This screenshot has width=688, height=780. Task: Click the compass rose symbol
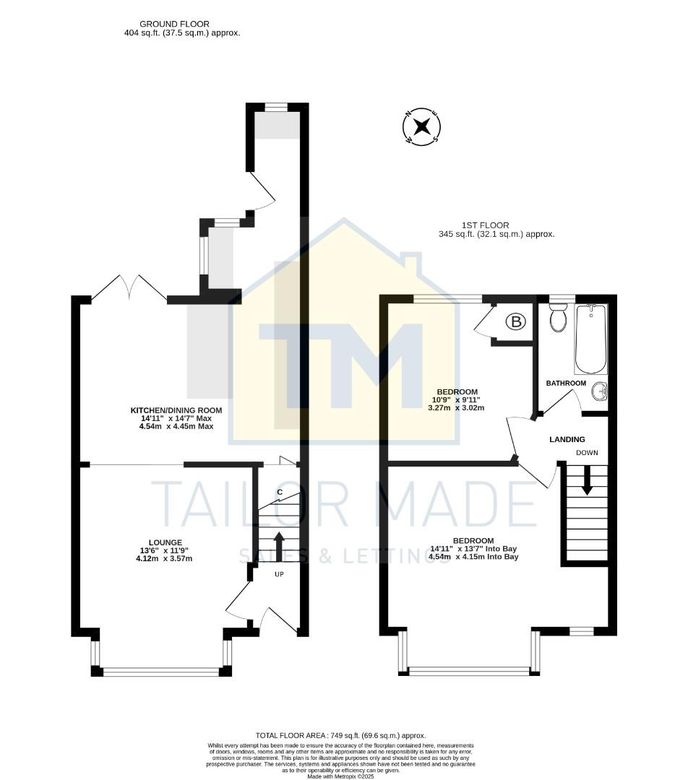tap(421, 128)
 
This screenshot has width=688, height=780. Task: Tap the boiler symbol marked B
tap(515, 322)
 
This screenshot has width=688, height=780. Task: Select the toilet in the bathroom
tap(558, 318)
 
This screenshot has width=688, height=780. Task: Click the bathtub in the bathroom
tap(590, 338)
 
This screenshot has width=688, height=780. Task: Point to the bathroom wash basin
tap(599, 391)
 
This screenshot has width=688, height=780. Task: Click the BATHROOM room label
tap(566, 383)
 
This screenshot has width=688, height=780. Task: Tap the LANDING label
tap(567, 439)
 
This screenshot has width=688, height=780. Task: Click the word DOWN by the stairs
tap(587, 453)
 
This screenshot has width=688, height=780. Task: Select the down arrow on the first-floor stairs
tap(587, 480)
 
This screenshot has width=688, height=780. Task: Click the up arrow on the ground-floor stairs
tap(280, 547)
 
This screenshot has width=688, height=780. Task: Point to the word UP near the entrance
tap(279, 574)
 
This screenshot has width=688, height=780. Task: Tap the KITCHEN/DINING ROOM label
tap(176, 410)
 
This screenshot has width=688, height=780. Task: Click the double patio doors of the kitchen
tap(129, 286)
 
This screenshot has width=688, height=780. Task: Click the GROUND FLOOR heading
tap(174, 24)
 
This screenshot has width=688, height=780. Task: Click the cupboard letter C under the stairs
tap(279, 493)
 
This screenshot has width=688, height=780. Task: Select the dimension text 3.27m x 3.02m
tap(455, 408)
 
